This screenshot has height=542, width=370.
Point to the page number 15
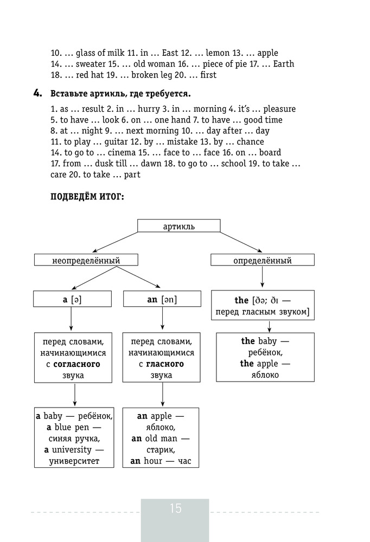click(175, 508)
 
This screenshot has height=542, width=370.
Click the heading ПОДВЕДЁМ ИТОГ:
click(87, 197)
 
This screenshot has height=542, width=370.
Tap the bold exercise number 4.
click(38, 93)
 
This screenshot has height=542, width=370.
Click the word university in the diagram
click(72, 450)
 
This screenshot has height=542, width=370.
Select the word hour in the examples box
click(153, 461)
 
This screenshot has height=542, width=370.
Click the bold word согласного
click(76, 364)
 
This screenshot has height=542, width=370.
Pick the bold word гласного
click(165, 364)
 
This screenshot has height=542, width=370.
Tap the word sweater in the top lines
click(91, 64)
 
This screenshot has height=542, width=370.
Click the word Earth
click(284, 64)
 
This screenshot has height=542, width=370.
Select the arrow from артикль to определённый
click(241, 242)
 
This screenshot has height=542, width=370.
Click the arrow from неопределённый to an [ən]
click(138, 277)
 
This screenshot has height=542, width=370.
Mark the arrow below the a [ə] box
click(71, 319)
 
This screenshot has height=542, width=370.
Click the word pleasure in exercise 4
click(279, 109)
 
